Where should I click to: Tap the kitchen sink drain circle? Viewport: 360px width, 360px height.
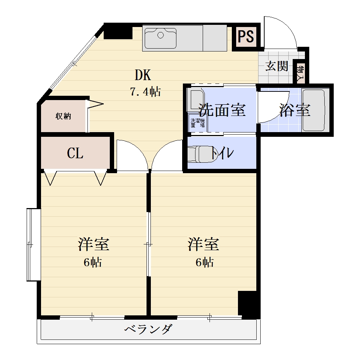point(160,35)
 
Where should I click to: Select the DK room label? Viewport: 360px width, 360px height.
point(143,75)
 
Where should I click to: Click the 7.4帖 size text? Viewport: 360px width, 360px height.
point(145,92)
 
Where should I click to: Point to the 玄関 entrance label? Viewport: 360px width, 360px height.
point(277,66)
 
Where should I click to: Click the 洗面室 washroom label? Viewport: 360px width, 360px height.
point(222,110)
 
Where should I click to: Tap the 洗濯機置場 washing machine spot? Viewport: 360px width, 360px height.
point(197,123)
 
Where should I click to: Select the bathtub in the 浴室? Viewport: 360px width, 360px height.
point(314,110)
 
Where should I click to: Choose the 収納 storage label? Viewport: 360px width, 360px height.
point(63,116)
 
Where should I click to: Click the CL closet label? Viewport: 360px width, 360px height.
point(75,153)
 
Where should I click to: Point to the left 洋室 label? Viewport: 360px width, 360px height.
point(94,244)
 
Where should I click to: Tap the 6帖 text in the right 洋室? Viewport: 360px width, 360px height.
point(205,262)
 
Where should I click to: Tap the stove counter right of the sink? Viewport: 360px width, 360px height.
point(215,38)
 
